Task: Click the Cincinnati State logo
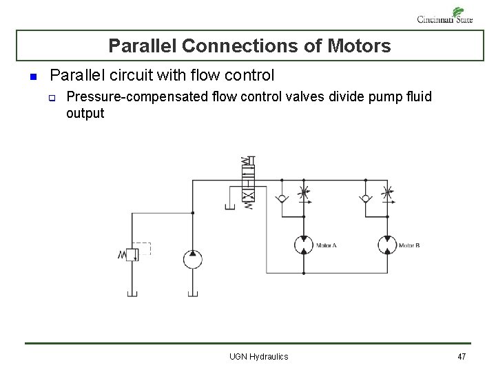(445, 16)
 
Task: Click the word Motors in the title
(360, 46)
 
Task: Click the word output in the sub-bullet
(85, 113)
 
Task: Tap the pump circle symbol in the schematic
(192, 259)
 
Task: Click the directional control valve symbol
(247, 183)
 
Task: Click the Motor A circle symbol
(304, 245)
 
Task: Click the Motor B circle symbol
(387, 245)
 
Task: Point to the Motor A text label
(326, 246)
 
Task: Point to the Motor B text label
(409, 246)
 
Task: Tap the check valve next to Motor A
(282, 200)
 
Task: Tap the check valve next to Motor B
(365, 200)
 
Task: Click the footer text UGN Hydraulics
(258, 356)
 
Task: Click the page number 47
(462, 356)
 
